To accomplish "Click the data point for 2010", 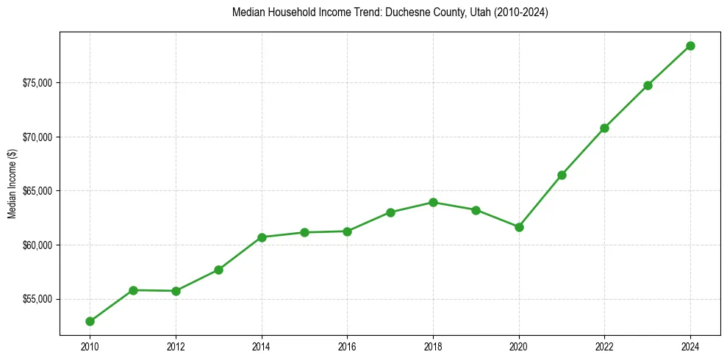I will point(90,321).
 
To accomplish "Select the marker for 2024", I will point(690,46).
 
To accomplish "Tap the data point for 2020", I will point(519,227).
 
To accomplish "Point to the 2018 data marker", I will point(433,202).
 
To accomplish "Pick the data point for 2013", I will point(218,270).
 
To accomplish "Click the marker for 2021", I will point(562,175).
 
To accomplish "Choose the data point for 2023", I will point(648,85).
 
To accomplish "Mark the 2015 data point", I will point(304,232).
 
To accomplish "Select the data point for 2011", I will point(133,290).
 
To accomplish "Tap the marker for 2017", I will point(390,212).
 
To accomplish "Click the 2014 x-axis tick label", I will point(262,345).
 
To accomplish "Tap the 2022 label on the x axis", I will point(604,345).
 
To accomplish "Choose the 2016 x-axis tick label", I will point(347,345).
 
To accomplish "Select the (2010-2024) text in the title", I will point(522,12).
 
